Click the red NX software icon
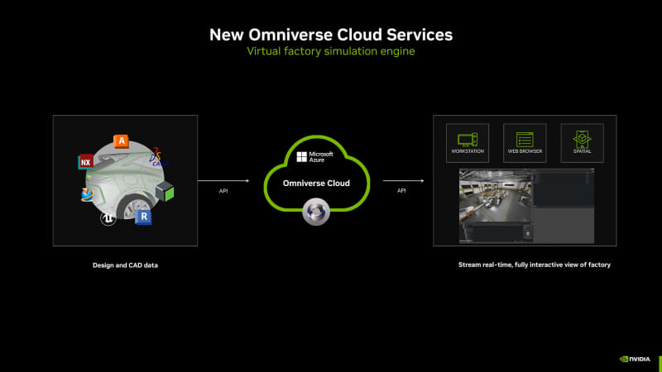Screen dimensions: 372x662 click(x=85, y=162)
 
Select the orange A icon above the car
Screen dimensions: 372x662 click(x=122, y=141)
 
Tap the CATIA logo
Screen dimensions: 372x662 click(x=159, y=158)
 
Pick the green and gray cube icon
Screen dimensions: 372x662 click(x=165, y=192)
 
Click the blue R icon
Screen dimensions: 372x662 click(x=144, y=217)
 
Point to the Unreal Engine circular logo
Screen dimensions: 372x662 click(x=107, y=218)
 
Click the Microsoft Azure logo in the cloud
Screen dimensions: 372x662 click(x=314, y=157)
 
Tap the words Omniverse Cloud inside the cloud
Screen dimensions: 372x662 click(x=317, y=183)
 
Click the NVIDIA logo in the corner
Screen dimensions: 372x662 click(x=635, y=359)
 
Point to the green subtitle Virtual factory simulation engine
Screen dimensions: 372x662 click(x=330, y=51)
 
